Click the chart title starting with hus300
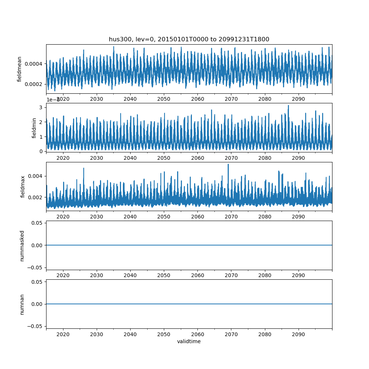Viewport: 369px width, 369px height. point(189,39)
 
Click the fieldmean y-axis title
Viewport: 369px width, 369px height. point(20,69)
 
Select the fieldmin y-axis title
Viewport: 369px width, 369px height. point(34,128)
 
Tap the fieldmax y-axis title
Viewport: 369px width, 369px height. point(23,187)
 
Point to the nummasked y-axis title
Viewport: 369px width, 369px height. point(22,245)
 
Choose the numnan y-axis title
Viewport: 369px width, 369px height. point(22,304)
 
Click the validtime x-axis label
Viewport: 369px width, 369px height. point(189,341)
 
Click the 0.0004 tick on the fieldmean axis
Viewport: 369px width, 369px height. point(34,64)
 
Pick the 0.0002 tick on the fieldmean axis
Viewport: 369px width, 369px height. point(34,84)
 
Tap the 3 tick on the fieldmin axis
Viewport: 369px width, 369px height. point(41,107)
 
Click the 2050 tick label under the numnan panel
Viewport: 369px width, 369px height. point(164,334)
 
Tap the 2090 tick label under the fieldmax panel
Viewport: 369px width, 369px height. point(298,217)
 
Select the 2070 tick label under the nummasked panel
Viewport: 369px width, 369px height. point(231,275)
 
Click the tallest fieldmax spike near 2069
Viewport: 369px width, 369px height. point(228,165)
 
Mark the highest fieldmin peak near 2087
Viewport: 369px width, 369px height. point(288,106)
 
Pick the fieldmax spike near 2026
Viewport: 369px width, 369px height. point(83,169)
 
